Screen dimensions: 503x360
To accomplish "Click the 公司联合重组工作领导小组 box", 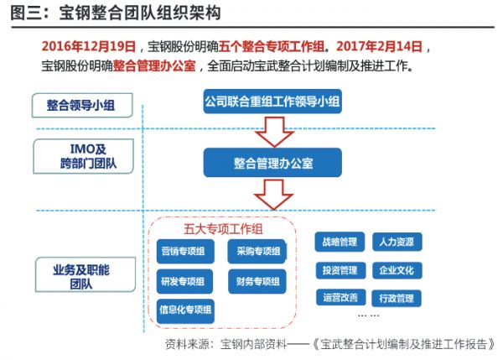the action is pyautogui.click(x=272, y=102).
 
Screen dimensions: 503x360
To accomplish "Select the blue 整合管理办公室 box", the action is pyautogui.click(x=272, y=163).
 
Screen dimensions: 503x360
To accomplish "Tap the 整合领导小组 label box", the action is pyautogui.click(x=82, y=106).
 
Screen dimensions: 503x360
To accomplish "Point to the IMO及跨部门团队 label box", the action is pyautogui.click(x=83, y=156).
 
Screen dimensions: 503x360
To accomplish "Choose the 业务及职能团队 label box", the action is pyautogui.click(x=86, y=274).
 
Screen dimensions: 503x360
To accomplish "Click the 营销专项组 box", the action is pyautogui.click(x=185, y=251).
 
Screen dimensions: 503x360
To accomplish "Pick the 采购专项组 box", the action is pyautogui.click(x=257, y=251).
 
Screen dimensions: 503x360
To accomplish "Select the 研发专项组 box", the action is pyautogui.click(x=184, y=281).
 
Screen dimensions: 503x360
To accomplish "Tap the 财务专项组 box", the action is pyautogui.click(x=257, y=281).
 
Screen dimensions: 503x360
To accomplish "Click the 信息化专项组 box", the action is pyautogui.click(x=185, y=310).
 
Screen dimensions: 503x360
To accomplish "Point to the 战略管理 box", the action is pyautogui.click(x=340, y=242).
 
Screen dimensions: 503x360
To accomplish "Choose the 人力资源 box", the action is pyautogui.click(x=397, y=242).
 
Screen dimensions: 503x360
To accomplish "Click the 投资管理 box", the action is pyautogui.click(x=340, y=270).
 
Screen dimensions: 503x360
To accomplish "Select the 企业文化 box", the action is pyautogui.click(x=397, y=270).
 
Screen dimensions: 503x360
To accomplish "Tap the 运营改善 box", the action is pyautogui.click(x=340, y=297).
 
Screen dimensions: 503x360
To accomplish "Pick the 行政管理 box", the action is pyautogui.click(x=397, y=299).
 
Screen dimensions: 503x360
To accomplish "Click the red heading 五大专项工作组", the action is pyautogui.click(x=223, y=229).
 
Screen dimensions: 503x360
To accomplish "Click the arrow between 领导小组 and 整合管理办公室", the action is pyautogui.click(x=275, y=132).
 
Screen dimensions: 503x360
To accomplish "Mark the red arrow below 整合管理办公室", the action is pyautogui.click(x=274, y=195).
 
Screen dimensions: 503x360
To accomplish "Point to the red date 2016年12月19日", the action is pyautogui.click(x=89, y=46).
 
